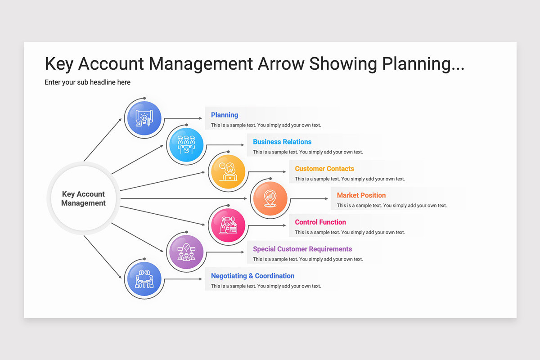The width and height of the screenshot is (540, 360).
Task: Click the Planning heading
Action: pyautogui.click(x=225, y=115)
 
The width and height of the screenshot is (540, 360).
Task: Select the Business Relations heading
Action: pyautogui.click(x=282, y=142)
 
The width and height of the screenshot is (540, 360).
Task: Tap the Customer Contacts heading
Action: pyautogui.click(x=324, y=169)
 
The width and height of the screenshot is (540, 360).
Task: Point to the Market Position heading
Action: pyautogui.click(x=361, y=195)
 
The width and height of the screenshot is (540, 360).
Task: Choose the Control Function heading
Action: pyautogui.click(x=320, y=222)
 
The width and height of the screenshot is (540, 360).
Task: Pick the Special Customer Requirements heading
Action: pyautogui.click(x=302, y=249)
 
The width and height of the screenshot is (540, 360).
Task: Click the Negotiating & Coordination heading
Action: pyautogui.click(x=252, y=276)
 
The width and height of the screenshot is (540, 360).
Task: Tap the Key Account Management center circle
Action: pyautogui.click(x=83, y=198)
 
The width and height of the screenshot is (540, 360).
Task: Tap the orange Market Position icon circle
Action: pyautogui.click(x=270, y=198)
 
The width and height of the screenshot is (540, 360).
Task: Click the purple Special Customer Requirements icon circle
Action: pyautogui.click(x=185, y=252)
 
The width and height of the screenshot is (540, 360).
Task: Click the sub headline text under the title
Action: pyautogui.click(x=87, y=82)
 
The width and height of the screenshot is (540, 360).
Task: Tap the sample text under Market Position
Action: pyautogui.click(x=391, y=206)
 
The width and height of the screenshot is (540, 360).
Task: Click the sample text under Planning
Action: pyautogui.click(x=265, y=125)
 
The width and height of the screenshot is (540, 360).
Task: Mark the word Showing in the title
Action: pyautogui.click(x=343, y=64)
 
